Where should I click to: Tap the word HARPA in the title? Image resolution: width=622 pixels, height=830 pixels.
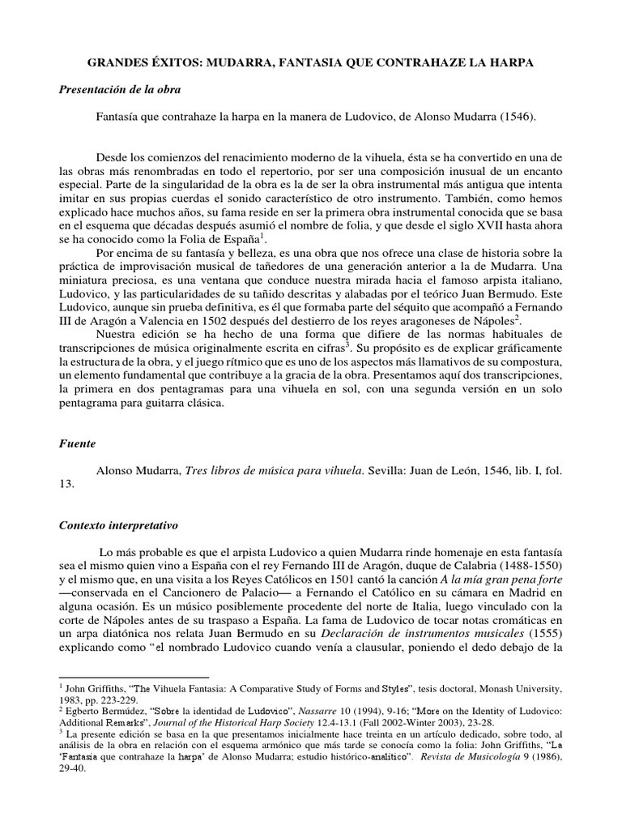pyautogui.click(x=512, y=63)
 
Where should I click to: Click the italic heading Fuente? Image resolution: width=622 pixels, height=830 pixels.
pyautogui.click(x=77, y=444)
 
